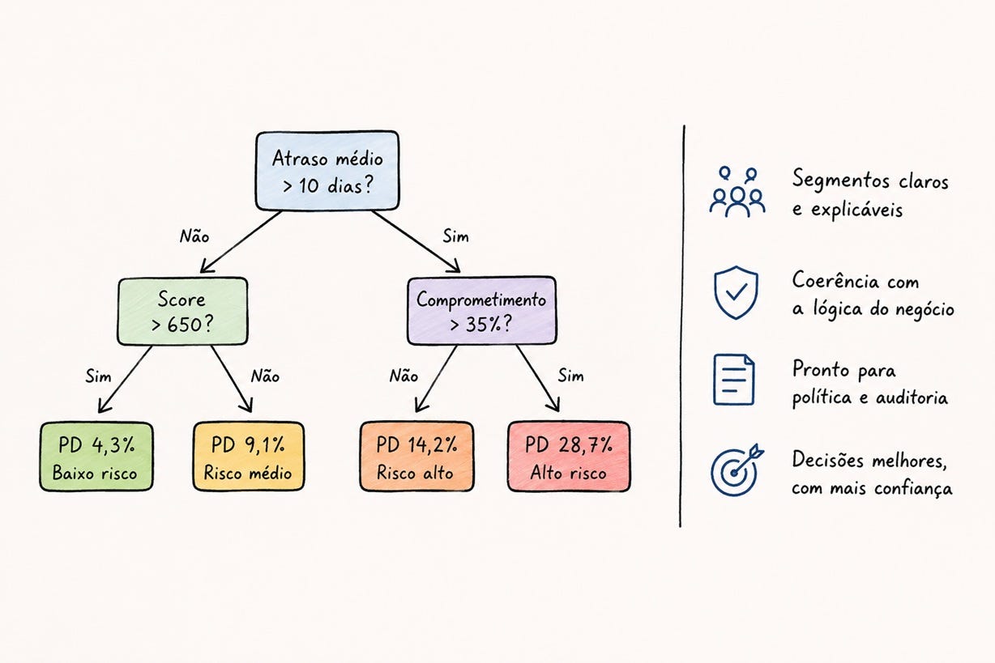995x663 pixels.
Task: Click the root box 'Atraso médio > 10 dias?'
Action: tap(327, 171)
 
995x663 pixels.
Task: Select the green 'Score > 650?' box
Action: tap(182, 311)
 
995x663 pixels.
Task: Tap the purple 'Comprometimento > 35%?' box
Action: tap(481, 311)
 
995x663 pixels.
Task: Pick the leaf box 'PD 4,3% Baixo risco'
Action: tap(96, 457)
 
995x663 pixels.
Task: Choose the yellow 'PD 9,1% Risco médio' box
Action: tap(249, 457)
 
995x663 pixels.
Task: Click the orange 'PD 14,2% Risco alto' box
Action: tap(416, 457)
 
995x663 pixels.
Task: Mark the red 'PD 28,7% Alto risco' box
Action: tap(569, 457)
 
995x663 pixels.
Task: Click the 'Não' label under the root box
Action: tap(194, 236)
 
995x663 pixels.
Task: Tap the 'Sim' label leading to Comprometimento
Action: tap(455, 236)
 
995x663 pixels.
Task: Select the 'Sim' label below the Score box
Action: tap(98, 376)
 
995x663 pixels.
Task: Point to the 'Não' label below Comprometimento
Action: tap(404, 376)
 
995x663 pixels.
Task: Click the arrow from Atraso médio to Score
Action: tap(241, 242)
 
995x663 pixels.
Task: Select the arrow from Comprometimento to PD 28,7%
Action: tap(537, 379)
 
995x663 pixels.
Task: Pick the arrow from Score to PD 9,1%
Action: tap(232, 379)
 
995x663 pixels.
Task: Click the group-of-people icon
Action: tap(737, 192)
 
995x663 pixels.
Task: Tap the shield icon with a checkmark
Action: tap(736, 292)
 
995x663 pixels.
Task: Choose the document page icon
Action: tap(734, 380)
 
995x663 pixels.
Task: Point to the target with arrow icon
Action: tap(737, 470)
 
